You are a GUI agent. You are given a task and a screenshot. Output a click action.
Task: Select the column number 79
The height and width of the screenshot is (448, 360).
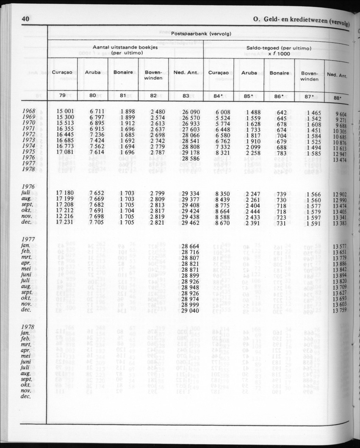(62, 95)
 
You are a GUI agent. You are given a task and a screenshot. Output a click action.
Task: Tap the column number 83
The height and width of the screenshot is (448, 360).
(186, 96)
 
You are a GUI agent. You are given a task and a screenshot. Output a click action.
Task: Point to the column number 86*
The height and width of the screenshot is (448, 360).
(279, 96)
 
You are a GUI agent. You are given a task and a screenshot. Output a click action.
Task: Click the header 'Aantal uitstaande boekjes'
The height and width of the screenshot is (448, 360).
(125, 48)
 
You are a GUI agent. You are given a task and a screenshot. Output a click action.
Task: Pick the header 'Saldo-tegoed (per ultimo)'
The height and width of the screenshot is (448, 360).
(279, 48)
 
